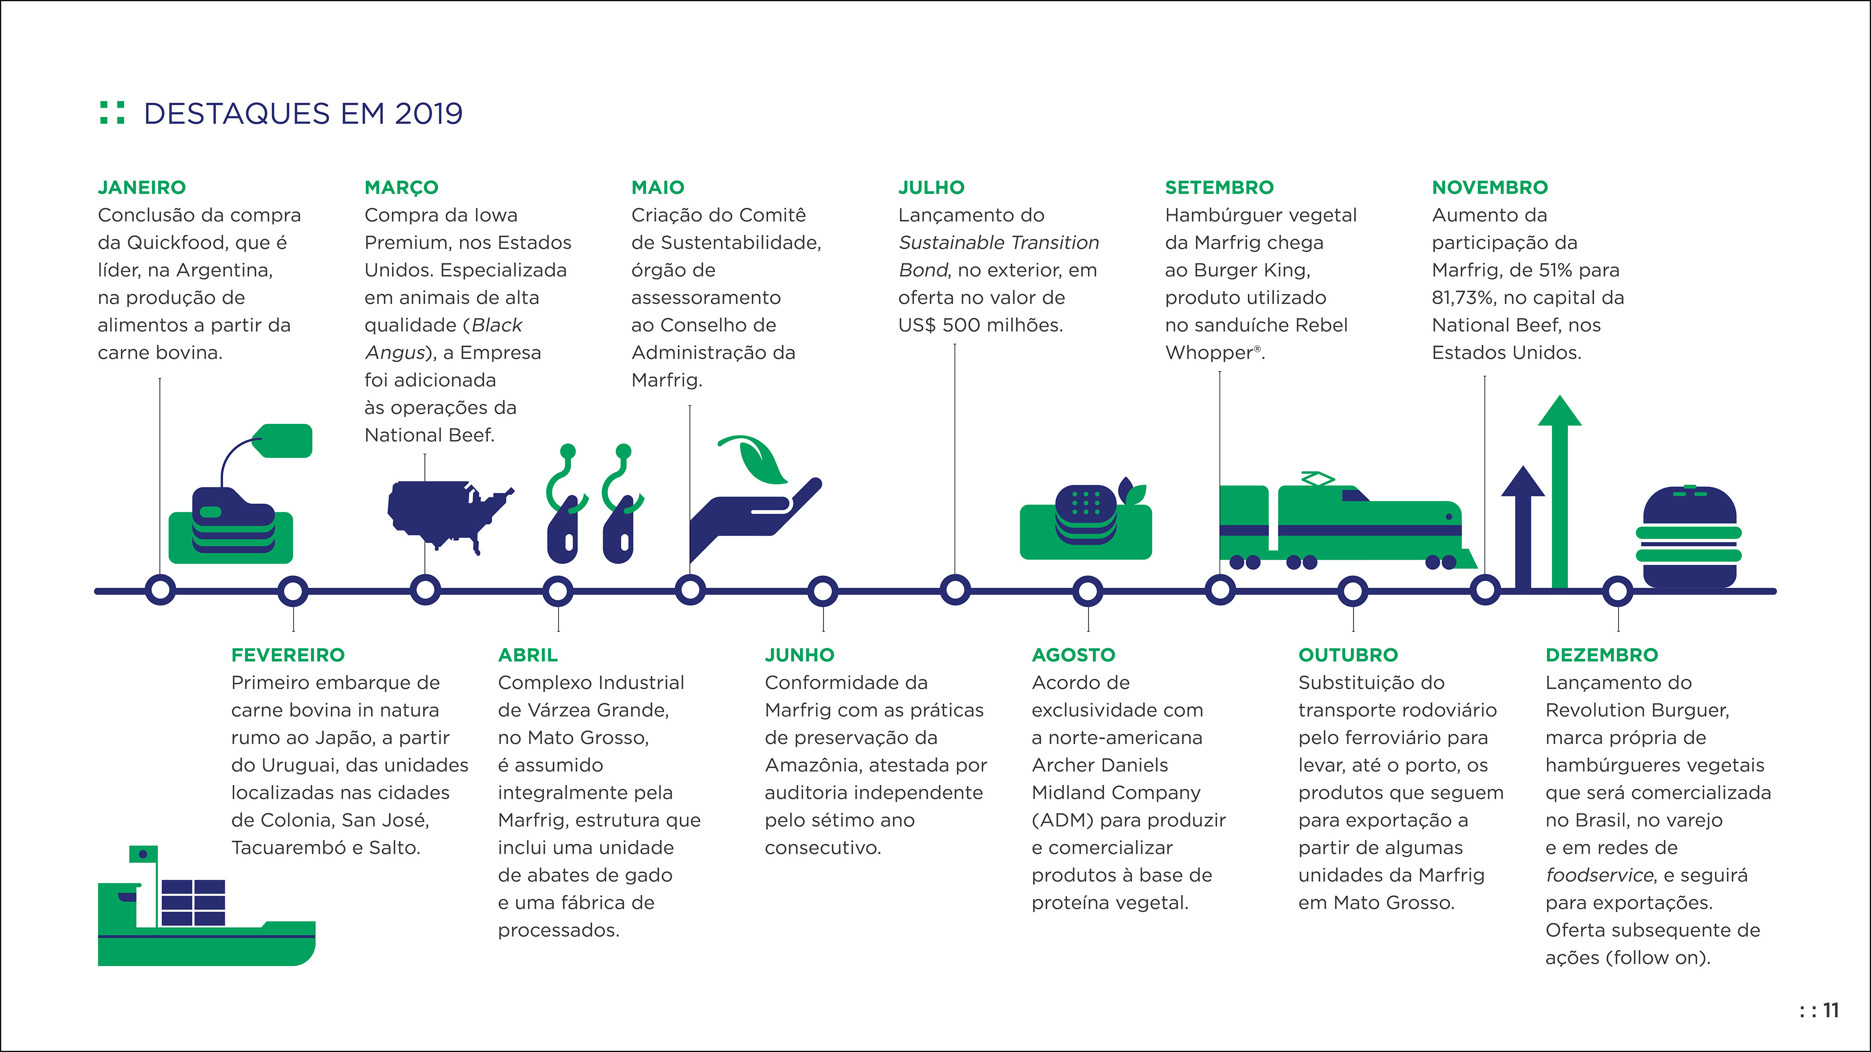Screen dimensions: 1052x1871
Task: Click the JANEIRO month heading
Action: coord(142,188)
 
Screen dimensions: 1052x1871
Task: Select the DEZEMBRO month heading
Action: coord(1602,655)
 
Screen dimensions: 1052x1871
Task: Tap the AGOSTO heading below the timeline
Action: coord(1073,655)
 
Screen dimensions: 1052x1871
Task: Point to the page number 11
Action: coord(1831,1010)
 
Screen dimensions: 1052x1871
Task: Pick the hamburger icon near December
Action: coord(1689,537)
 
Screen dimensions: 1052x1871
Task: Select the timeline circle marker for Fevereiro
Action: coord(293,591)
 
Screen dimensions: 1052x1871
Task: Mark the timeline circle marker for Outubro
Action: coord(1353,591)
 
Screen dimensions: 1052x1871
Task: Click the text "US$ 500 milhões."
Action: coord(980,325)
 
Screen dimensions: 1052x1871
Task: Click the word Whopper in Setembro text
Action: coord(1208,353)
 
